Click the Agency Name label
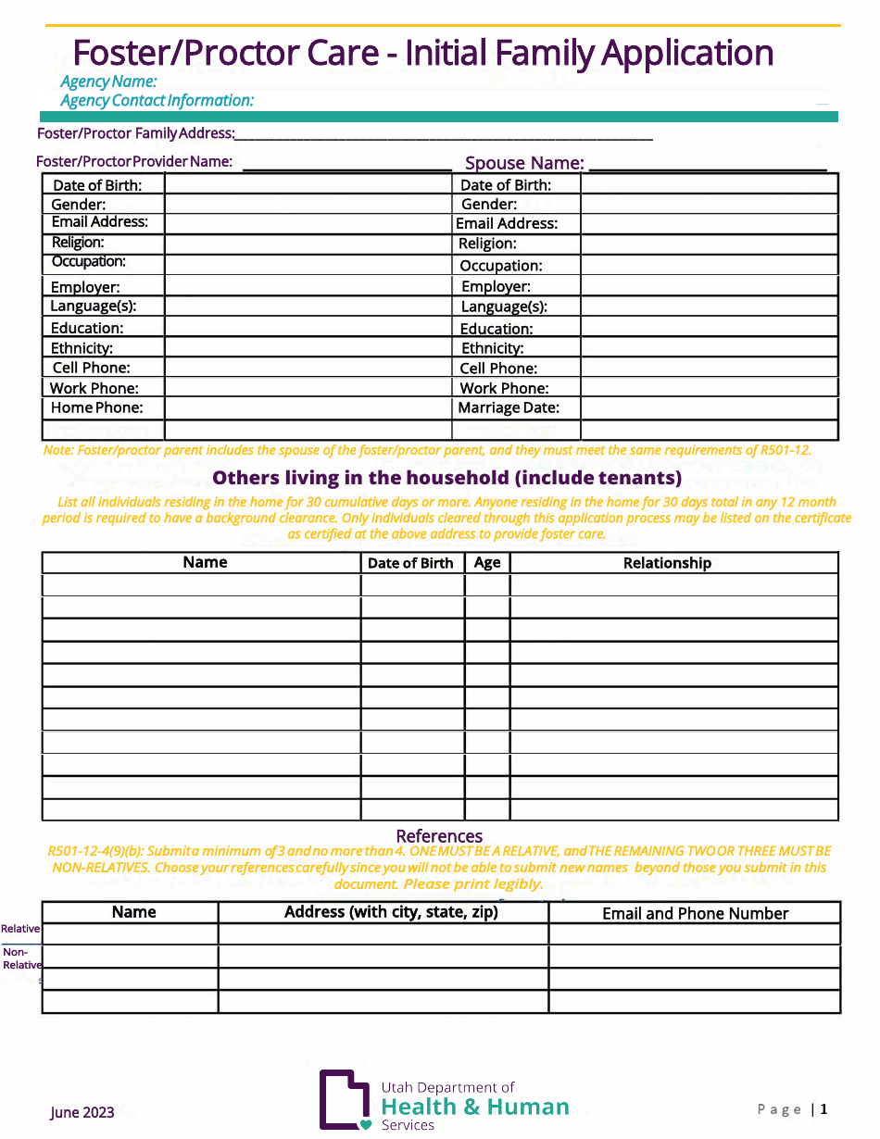point(108,81)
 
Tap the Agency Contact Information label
point(157,100)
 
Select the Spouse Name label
point(523,163)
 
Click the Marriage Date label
point(508,407)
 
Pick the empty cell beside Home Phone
point(308,408)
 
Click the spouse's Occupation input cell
point(709,266)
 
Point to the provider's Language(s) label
point(93,306)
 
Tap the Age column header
point(486,562)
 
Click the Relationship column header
point(667,563)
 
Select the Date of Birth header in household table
point(410,563)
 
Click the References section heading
point(439,835)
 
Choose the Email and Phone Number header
point(695,913)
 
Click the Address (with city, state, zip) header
point(391,912)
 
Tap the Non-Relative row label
point(20,958)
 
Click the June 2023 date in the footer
point(82,1112)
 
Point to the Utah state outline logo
point(344,1099)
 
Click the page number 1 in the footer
point(823,1109)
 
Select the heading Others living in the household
point(446,478)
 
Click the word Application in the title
point(686,53)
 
